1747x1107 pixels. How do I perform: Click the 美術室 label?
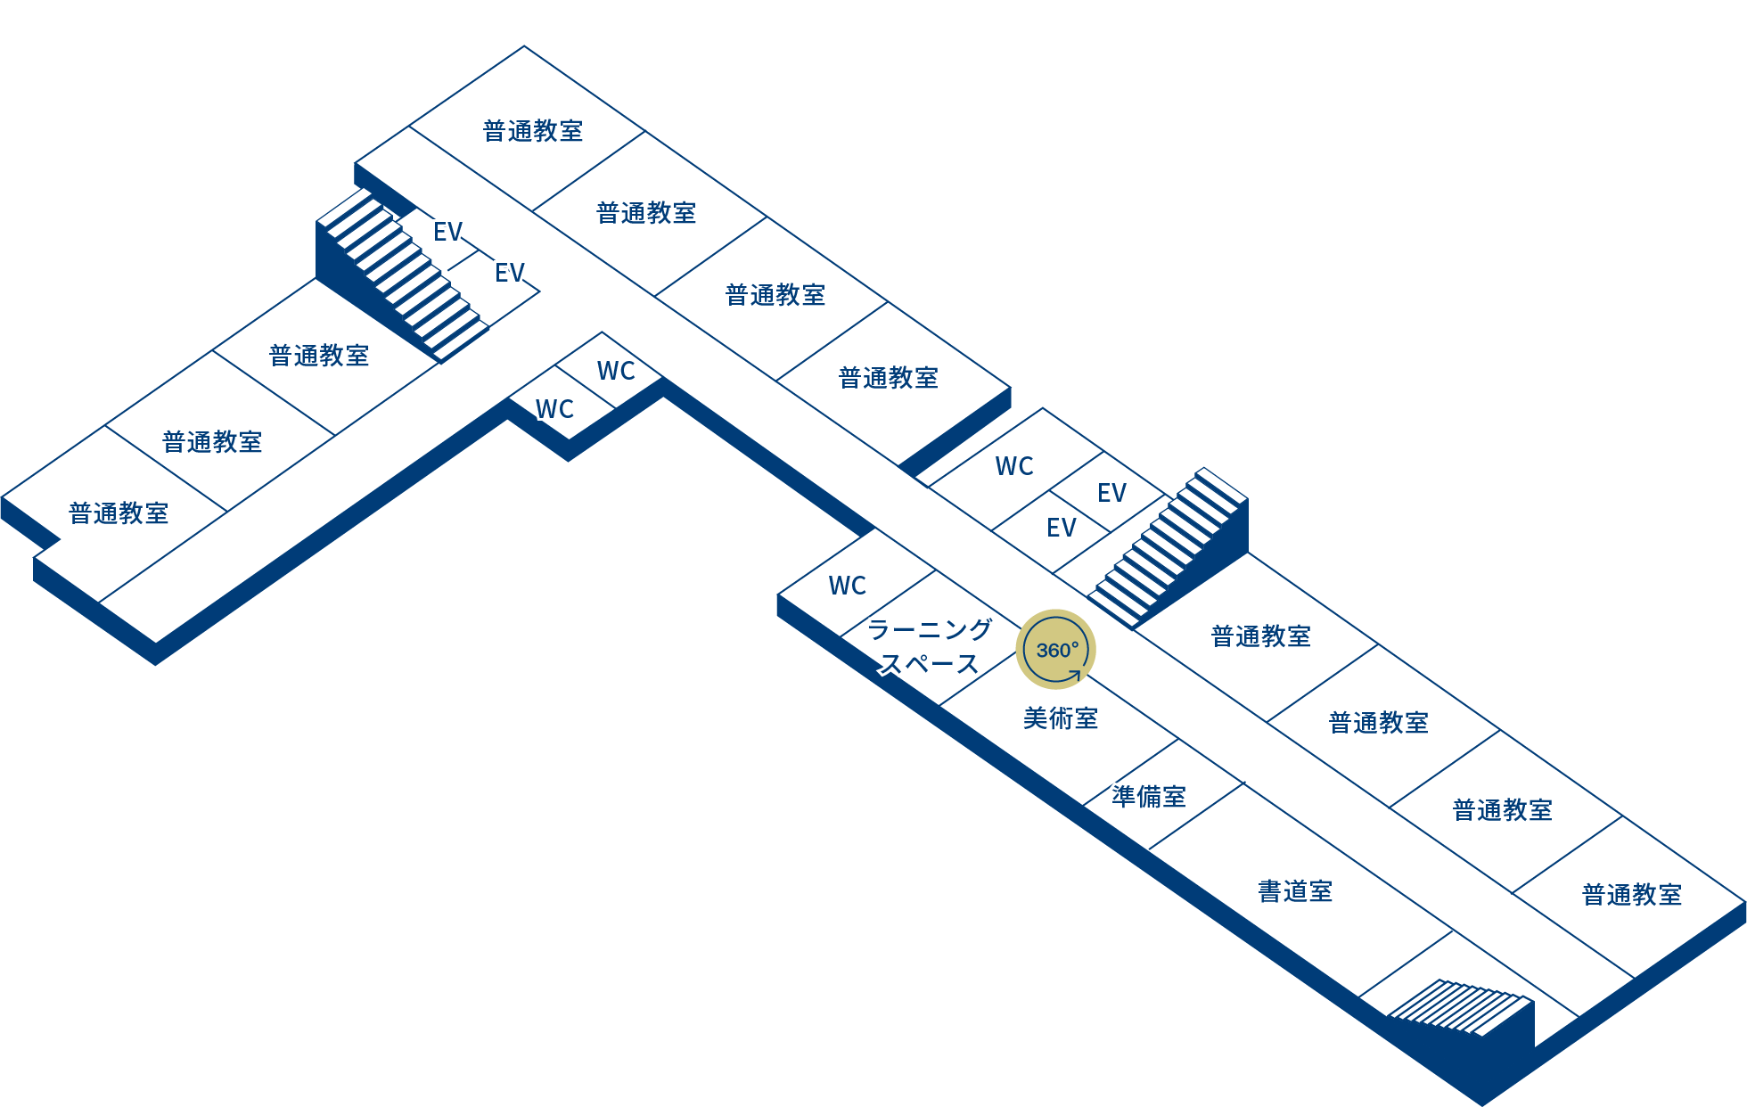click(1061, 718)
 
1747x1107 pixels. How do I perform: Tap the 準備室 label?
click(1149, 797)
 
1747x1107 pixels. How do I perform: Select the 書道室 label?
click(1295, 891)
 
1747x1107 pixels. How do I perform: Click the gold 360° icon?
click(1056, 650)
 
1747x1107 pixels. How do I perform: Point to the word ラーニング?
click(930, 629)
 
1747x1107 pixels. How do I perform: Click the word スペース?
click(930, 664)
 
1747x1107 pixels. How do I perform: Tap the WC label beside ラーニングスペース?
click(847, 586)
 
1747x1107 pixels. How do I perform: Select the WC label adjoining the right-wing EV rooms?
click(1014, 466)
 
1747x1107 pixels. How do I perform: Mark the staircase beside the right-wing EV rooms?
click(1168, 547)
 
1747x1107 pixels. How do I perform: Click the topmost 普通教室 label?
click(533, 131)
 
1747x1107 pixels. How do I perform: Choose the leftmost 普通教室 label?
click(119, 513)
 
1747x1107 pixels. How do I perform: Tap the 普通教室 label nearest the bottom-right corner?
click(1632, 895)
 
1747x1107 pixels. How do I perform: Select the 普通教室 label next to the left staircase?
click(319, 356)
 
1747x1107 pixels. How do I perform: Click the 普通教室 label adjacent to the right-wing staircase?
click(1261, 636)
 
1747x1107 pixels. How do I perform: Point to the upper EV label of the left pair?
click(447, 233)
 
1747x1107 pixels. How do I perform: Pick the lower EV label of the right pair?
click(1061, 529)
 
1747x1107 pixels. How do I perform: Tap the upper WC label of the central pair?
click(616, 371)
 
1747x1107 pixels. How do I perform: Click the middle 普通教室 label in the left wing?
click(212, 442)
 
